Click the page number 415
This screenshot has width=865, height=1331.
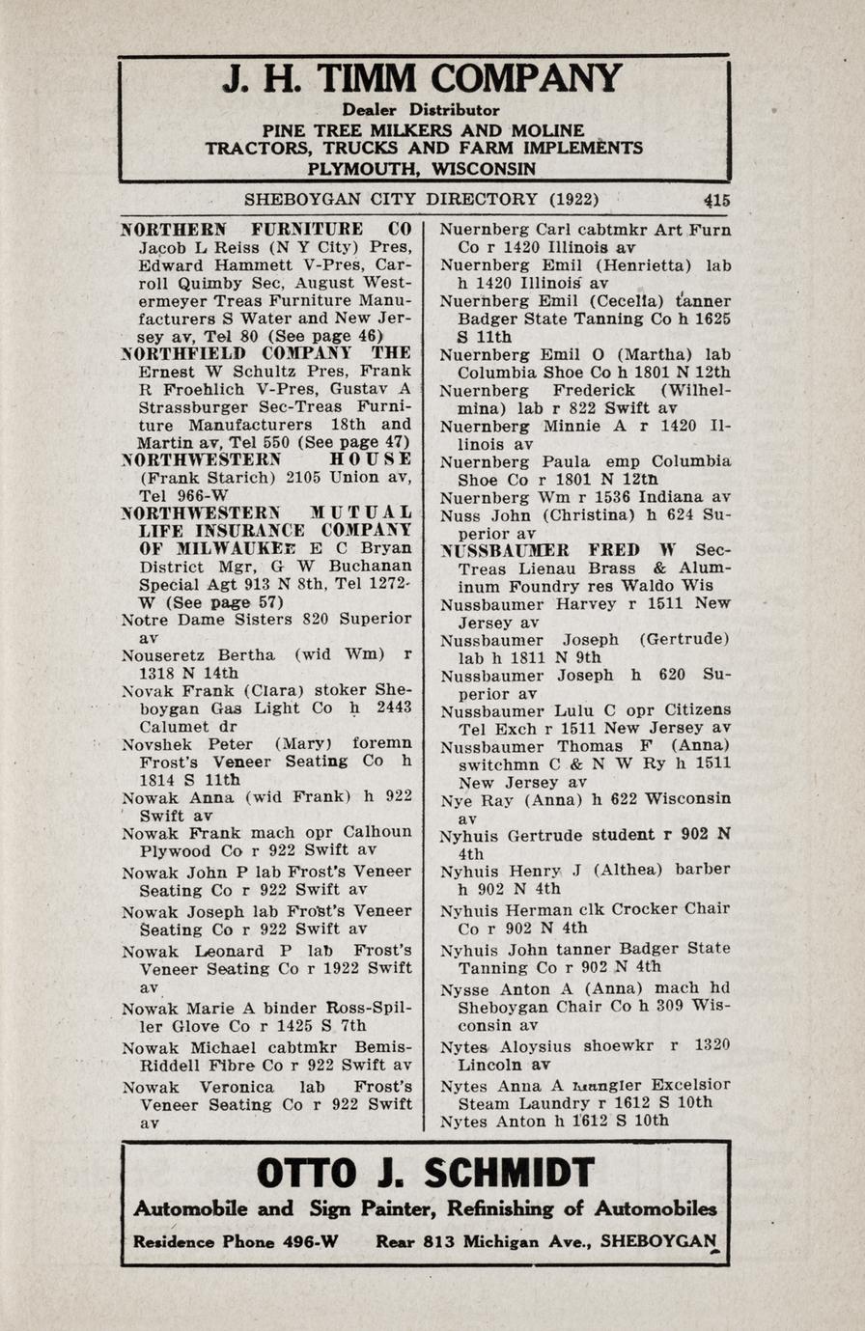(x=716, y=201)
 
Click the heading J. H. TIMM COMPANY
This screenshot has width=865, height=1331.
(x=422, y=79)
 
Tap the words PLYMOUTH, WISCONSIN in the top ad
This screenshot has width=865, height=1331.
(x=421, y=167)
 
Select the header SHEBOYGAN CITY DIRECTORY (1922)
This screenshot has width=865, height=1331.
(x=421, y=200)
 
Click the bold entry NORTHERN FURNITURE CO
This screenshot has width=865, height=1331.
(x=265, y=230)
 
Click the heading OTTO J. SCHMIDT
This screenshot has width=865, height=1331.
(x=425, y=1174)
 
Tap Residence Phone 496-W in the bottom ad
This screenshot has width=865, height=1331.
(x=235, y=1241)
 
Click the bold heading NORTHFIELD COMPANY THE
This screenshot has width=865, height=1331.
(x=265, y=353)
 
